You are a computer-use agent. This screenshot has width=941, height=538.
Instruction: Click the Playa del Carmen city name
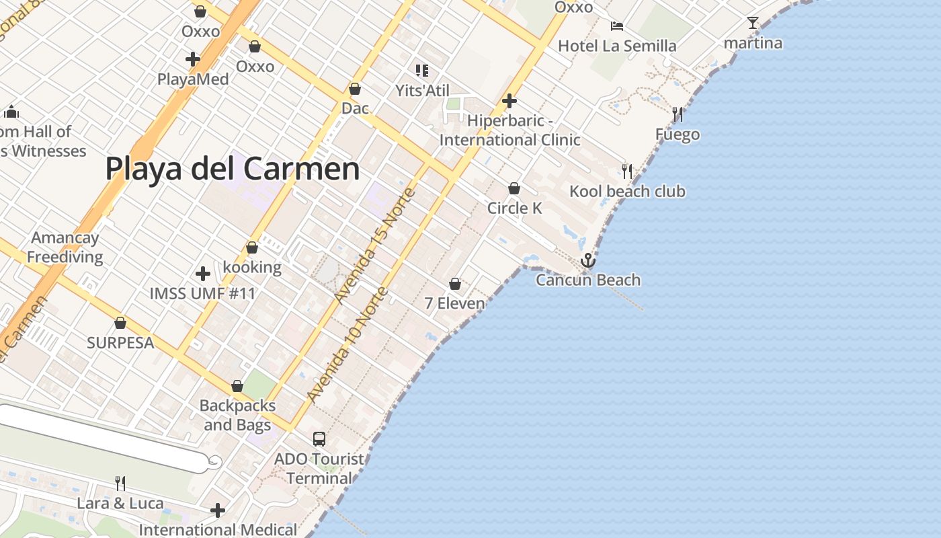(233, 169)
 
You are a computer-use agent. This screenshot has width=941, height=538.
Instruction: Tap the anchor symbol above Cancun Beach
(588, 260)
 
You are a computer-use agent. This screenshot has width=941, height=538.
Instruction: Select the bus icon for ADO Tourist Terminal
(319, 439)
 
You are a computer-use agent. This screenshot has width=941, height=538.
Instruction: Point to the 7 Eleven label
(454, 303)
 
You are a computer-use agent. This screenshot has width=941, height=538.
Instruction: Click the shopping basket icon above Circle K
(514, 188)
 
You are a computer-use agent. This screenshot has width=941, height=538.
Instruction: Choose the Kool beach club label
(627, 192)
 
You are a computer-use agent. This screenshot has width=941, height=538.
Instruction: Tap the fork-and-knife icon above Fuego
(678, 114)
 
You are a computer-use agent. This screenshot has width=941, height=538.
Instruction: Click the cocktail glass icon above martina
(753, 23)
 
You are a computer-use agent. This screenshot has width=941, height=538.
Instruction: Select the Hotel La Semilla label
(617, 46)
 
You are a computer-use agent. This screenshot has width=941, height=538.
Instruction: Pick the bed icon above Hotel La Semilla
(617, 26)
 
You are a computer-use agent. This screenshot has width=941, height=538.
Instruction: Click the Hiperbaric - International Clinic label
(509, 130)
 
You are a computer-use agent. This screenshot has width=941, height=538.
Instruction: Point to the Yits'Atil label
(422, 91)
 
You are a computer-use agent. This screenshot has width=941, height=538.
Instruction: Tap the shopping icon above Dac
(355, 89)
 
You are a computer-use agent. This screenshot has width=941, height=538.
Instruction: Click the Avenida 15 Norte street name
(376, 245)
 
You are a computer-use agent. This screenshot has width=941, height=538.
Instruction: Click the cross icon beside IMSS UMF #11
(202, 274)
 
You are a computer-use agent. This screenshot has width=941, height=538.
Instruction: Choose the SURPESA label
(120, 343)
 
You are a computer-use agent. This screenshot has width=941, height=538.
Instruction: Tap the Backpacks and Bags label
(237, 416)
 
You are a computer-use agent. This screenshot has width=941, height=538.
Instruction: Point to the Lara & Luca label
(120, 504)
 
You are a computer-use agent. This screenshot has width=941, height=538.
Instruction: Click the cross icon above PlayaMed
(193, 59)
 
